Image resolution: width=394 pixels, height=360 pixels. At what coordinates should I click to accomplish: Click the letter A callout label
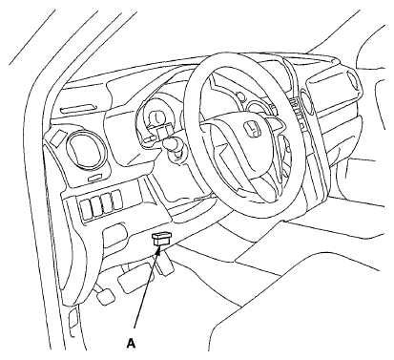[131, 344]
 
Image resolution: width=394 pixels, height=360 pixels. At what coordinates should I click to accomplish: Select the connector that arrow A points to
[162, 239]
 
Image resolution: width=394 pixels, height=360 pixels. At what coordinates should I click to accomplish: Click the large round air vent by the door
[86, 149]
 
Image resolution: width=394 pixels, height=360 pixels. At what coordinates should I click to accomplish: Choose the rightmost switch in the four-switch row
[117, 200]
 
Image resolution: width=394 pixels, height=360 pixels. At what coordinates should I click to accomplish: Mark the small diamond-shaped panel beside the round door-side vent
[58, 138]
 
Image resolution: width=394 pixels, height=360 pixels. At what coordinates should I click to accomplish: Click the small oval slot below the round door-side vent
[96, 178]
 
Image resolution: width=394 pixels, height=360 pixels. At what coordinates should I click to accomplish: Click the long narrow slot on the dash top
[77, 109]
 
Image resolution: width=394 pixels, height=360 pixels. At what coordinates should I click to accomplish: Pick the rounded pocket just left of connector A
[115, 236]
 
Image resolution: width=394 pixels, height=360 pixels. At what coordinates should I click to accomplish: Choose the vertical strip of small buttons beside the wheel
[297, 113]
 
